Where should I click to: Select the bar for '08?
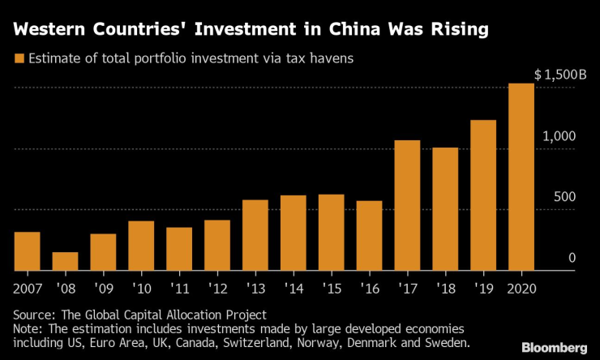click(65, 261)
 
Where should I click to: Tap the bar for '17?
click(407, 205)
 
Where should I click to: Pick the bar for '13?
click(255, 235)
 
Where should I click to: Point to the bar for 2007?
click(27, 251)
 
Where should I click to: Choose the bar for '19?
click(483, 195)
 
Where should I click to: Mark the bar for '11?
click(179, 249)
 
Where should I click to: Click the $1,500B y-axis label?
click(559, 75)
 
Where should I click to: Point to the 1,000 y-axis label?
click(560, 136)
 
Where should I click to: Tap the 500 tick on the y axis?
click(565, 197)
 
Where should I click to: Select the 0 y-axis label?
click(572, 258)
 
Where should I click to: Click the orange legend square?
click(18, 59)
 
